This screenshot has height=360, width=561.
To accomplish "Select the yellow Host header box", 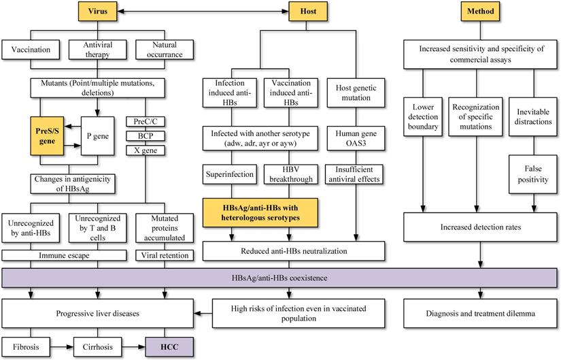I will click(x=299, y=11).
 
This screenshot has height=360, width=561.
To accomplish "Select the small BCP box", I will click(x=146, y=135).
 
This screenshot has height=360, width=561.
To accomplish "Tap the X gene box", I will click(x=146, y=150).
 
